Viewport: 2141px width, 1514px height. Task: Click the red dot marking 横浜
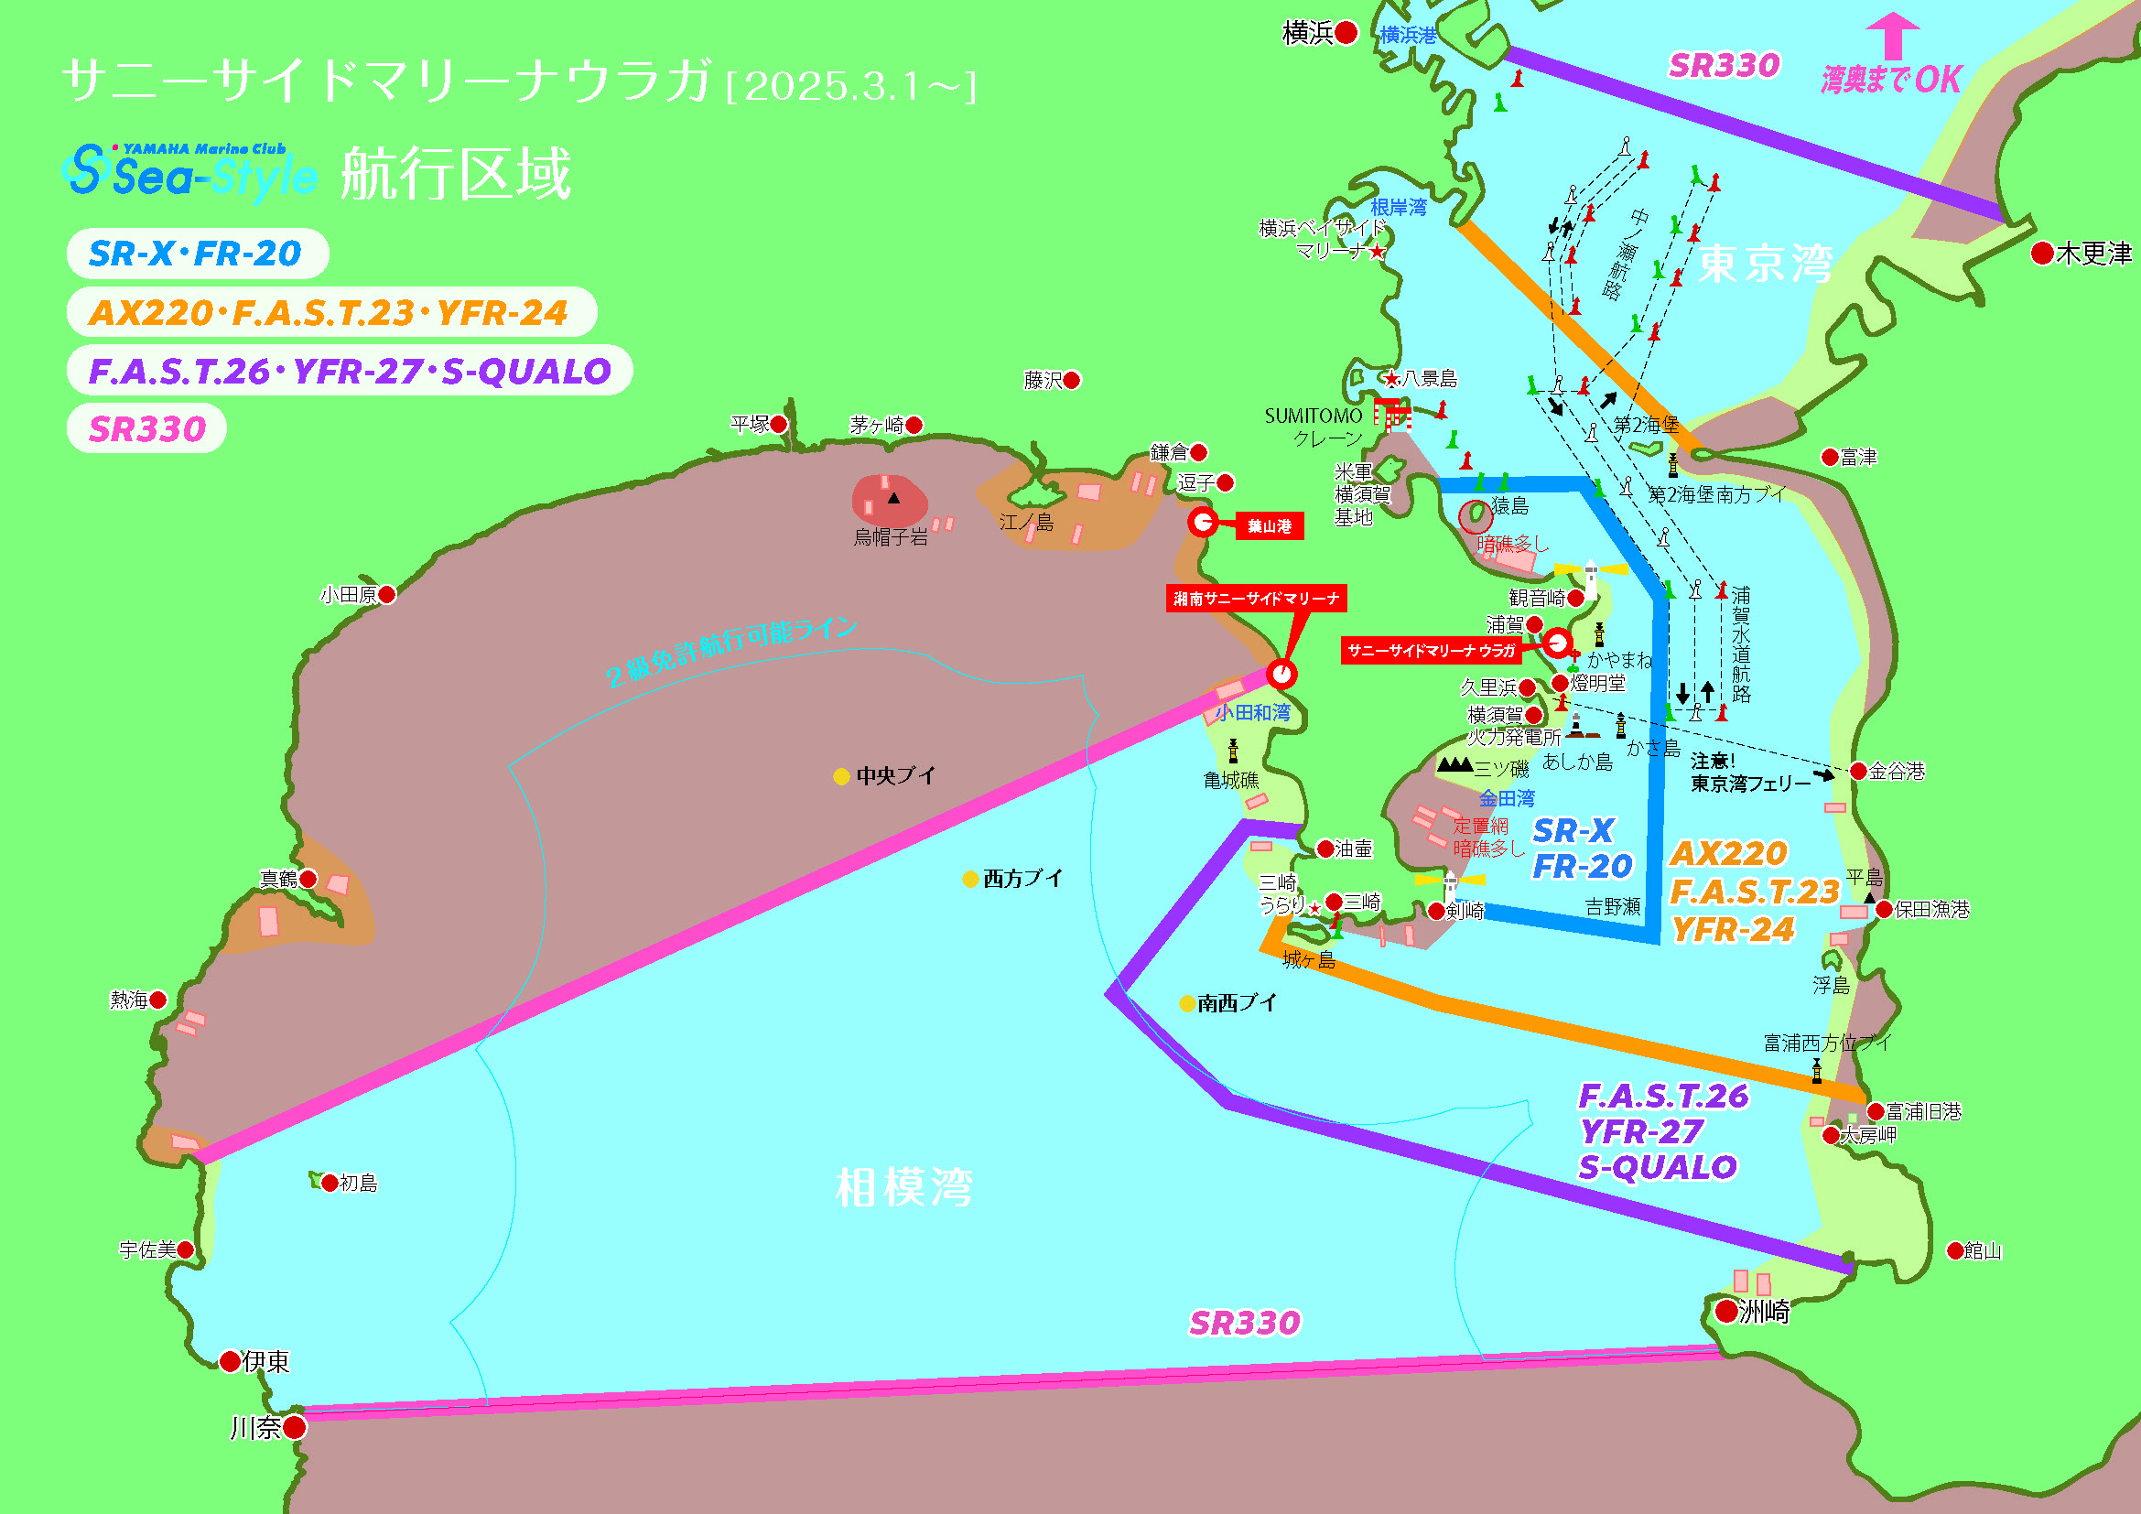point(1346,34)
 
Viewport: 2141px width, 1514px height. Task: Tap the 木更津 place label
point(2092,254)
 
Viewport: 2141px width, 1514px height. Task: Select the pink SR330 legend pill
point(146,428)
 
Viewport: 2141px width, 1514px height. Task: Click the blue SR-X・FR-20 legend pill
point(197,254)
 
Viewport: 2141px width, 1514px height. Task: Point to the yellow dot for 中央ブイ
point(840,776)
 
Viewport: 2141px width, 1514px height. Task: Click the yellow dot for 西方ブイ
point(969,879)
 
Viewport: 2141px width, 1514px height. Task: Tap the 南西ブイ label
point(1237,1003)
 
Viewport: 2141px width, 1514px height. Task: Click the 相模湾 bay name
point(903,1188)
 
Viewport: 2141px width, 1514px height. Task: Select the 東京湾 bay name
point(1764,264)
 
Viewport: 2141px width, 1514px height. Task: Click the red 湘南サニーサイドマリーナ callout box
point(1256,599)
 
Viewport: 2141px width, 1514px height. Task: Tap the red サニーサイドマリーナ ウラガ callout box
point(1431,651)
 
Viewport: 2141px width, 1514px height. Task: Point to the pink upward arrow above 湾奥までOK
point(1892,35)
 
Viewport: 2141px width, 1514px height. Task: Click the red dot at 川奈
point(294,1427)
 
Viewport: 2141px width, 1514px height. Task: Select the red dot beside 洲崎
point(1727,1312)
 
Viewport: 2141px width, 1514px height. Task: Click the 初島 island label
point(358,1184)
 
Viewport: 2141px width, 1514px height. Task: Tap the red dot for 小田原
point(387,595)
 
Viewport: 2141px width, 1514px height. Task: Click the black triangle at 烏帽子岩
point(893,498)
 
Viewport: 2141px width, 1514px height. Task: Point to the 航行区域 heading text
point(455,174)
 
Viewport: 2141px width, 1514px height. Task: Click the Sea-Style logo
point(189,172)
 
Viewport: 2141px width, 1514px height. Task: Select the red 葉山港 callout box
point(1269,526)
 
